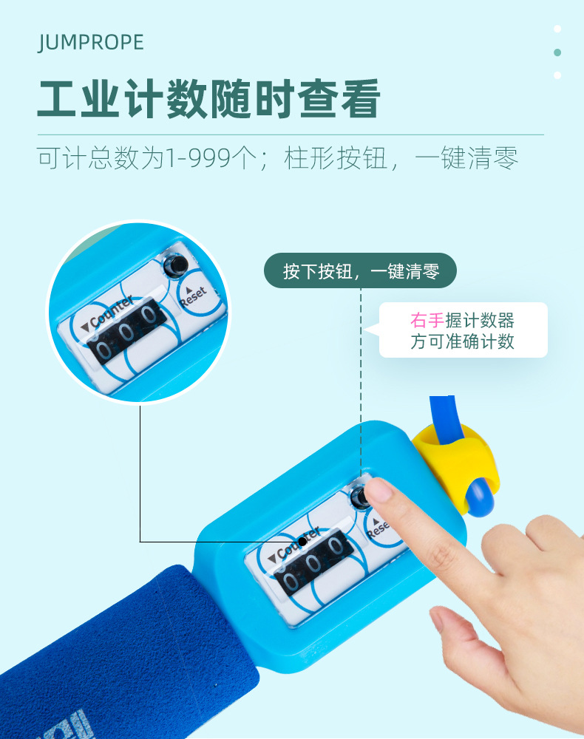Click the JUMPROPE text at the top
point(90,42)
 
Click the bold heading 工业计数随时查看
point(208,99)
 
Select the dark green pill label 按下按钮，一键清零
point(361,271)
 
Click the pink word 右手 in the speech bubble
point(427,321)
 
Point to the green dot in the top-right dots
point(557,52)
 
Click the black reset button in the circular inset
point(177,266)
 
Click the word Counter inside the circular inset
point(107,314)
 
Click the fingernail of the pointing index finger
point(378,490)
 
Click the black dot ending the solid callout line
point(302,542)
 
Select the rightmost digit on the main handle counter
point(336,547)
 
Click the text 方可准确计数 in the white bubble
point(462,341)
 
